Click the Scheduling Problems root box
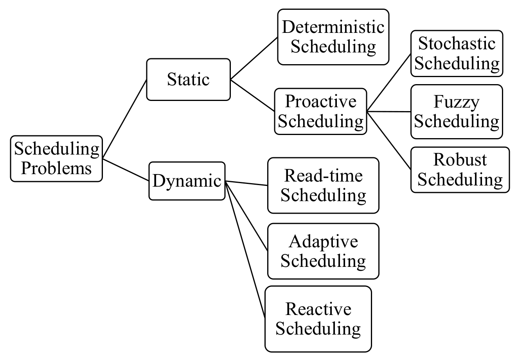point(56,158)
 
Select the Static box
point(188,79)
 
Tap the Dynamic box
point(187,181)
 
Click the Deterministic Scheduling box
point(333,37)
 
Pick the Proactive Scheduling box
point(321,112)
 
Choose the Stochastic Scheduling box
point(457,54)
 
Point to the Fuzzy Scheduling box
point(457,112)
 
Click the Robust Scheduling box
point(460,170)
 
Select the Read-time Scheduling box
point(323,185)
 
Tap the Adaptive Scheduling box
point(323,251)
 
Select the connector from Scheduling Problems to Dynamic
point(126,170)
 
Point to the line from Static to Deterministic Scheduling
point(254,59)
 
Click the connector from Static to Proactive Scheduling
point(253,95)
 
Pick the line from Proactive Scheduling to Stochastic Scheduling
point(389,83)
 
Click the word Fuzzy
point(456,102)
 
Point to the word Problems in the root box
point(56,168)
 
